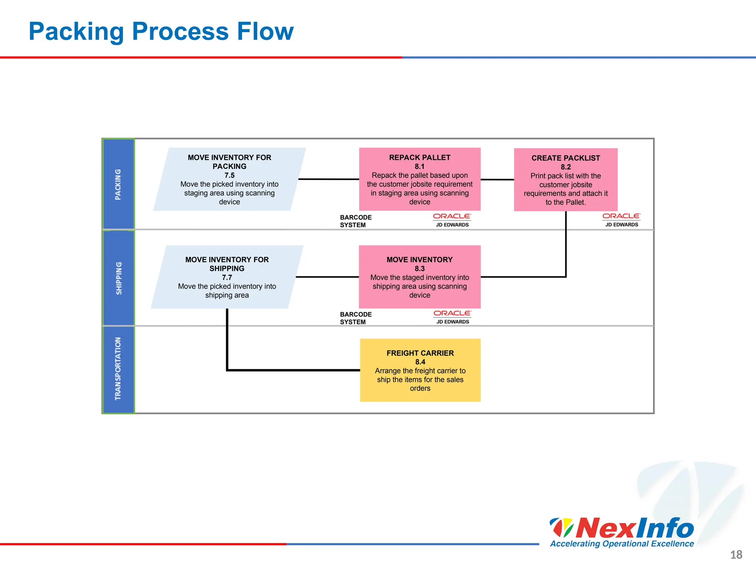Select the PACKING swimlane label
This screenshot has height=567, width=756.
118,185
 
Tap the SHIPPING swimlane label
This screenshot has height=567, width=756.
118,278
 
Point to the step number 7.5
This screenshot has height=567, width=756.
229,175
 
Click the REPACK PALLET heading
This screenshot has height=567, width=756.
420,158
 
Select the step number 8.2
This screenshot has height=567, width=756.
566,167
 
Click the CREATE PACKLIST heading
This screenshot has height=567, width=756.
566,158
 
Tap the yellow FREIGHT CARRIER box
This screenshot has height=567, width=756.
420,370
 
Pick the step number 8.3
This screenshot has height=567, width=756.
420,269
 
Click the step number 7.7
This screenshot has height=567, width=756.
227,278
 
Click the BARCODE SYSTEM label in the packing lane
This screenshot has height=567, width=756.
355,221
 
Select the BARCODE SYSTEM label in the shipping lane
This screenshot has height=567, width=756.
355,318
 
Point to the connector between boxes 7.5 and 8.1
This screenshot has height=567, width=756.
329,179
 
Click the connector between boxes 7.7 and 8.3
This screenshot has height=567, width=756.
327,277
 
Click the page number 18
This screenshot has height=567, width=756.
736,554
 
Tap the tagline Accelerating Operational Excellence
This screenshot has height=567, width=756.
622,544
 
